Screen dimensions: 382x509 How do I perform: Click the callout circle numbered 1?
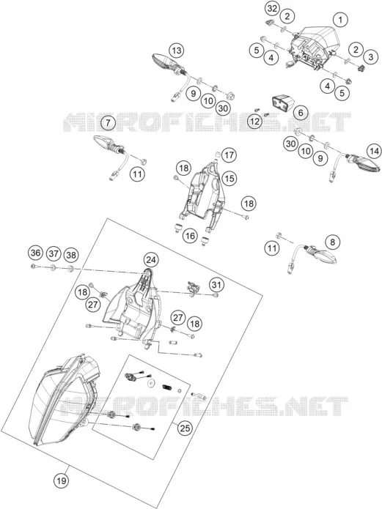pos(340,20)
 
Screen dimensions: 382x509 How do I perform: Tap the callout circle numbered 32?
pos(272,9)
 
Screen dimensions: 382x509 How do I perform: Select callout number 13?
pos(176,51)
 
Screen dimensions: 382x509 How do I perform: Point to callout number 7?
pos(109,123)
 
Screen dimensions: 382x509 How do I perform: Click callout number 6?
pos(301,113)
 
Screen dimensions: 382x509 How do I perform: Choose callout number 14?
pos(374,151)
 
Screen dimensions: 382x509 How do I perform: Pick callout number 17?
pos(229,155)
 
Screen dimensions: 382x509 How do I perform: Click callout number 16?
pos(190,235)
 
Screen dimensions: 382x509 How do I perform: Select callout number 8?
pos(332,242)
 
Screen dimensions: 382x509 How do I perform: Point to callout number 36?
pos(35,253)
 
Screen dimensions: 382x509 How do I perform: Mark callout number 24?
pos(151,260)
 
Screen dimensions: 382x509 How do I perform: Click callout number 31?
pos(216,285)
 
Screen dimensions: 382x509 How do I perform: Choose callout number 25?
pos(185,428)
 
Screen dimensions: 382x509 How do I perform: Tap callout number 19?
pos(61,480)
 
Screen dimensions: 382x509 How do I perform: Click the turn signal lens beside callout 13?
pos(163,62)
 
